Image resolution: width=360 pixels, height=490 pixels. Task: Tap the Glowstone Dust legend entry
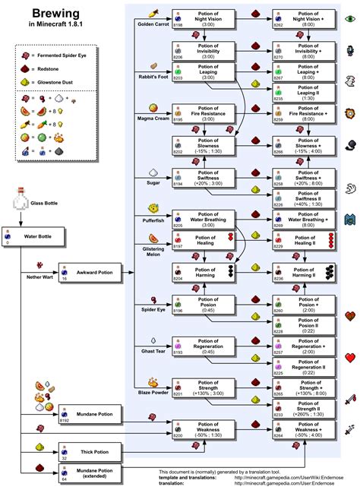click(62, 82)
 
